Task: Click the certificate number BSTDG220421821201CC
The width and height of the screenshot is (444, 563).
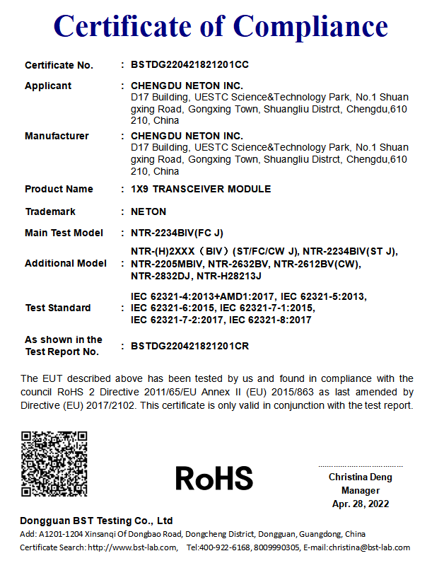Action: pos(189,65)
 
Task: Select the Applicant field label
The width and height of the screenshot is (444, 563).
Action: pos(48,86)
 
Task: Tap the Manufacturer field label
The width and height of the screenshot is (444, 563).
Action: pos(57,136)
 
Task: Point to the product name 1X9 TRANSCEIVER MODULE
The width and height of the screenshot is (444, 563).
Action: pos(201,189)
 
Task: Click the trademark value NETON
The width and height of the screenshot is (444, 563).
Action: pos(148,211)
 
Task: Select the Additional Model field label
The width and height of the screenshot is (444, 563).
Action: pos(66,263)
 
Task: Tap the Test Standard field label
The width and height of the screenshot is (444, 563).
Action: pos(58,308)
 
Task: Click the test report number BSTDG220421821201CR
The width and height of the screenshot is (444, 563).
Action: pos(189,346)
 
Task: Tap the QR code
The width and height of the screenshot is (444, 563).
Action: pos(54,463)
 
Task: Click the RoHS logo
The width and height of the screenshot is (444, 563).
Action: pos(214,478)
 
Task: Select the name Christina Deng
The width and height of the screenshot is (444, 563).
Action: pos(360,477)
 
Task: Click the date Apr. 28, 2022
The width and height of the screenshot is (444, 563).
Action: pos(360,504)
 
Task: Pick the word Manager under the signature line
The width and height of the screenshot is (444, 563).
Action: pos(360,491)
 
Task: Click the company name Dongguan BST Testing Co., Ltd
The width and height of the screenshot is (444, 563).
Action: pos(96,521)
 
